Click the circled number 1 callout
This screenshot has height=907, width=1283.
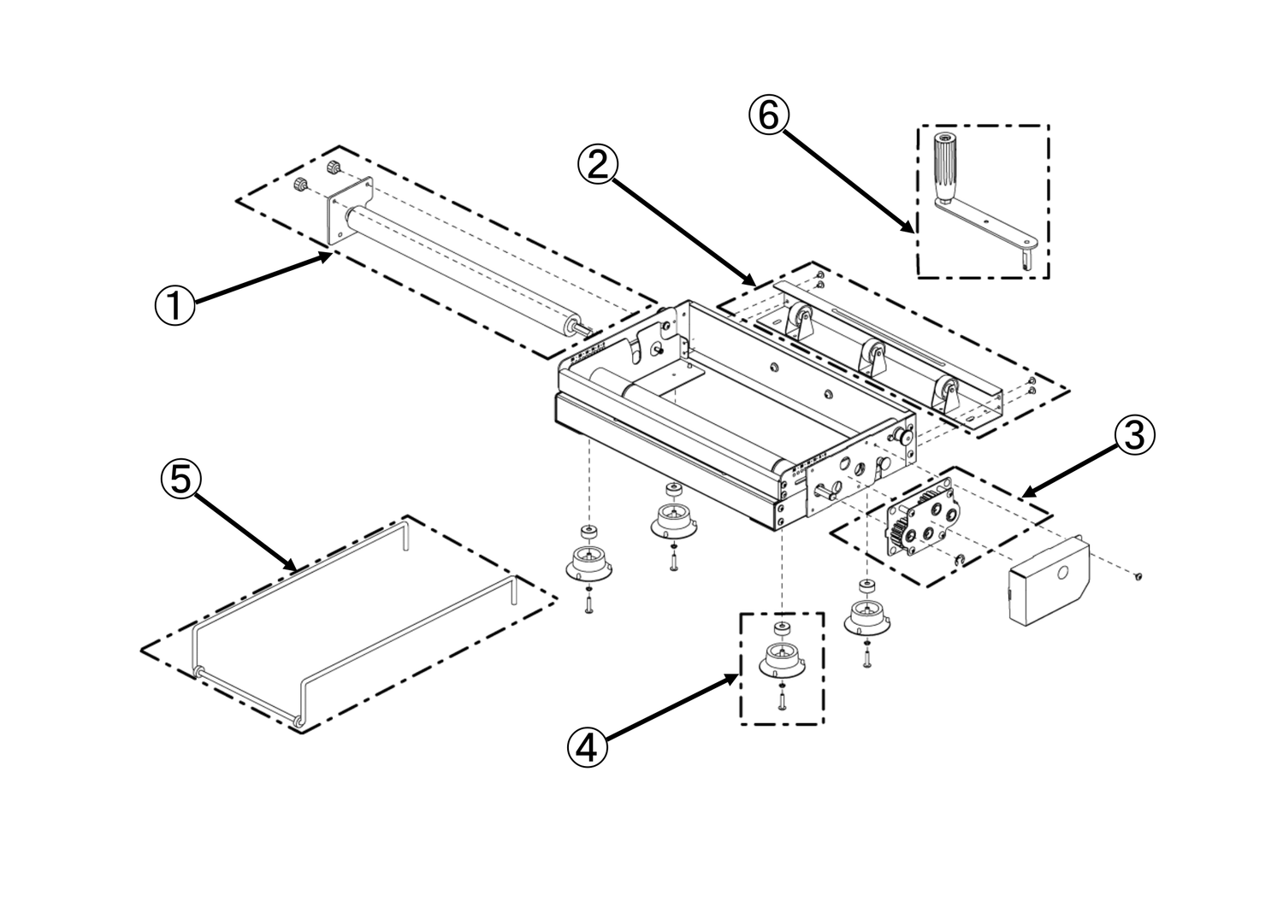174,305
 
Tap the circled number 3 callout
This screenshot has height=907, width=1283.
1133,435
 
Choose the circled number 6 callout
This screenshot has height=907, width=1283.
768,115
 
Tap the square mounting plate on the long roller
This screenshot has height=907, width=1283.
351,213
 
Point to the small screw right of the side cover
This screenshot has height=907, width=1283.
1138,577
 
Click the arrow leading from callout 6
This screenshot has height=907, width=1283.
847,175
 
